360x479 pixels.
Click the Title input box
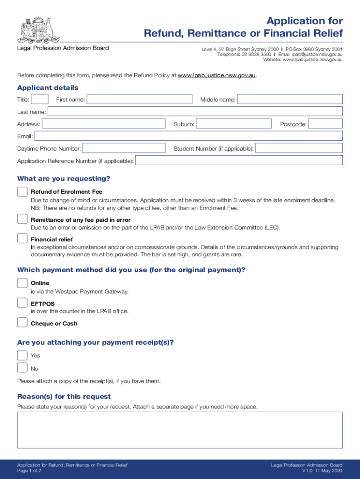(x=40, y=99)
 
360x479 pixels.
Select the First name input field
(x=139, y=99)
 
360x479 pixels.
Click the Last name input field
(x=195, y=111)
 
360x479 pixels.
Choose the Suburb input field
(x=234, y=123)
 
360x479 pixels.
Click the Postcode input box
(x=326, y=123)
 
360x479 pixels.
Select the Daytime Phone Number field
(x=124, y=148)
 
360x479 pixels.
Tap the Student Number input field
(x=299, y=148)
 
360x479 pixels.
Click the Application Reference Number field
(x=239, y=160)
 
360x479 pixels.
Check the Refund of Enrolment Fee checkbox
(x=22, y=192)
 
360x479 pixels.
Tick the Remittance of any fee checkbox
(x=22, y=219)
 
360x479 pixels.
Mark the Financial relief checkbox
(x=22, y=239)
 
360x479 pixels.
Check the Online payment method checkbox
(x=22, y=283)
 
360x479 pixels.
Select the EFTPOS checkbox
(x=22, y=303)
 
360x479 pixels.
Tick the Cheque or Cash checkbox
(x=22, y=322)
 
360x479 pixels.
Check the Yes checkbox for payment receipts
(x=22, y=355)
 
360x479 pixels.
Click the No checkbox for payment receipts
(x=22, y=368)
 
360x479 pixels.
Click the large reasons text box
(x=180, y=430)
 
